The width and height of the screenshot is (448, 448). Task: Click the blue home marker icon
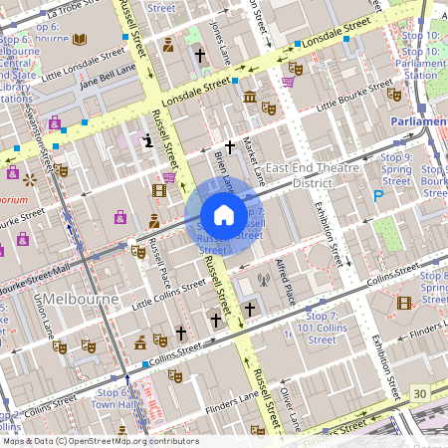[224, 215]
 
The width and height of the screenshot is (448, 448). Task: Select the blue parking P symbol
[377, 197]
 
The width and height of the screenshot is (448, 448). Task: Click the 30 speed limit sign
[420, 395]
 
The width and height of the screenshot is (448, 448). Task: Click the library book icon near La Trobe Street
[80, 39]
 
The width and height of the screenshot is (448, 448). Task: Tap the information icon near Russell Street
[148, 140]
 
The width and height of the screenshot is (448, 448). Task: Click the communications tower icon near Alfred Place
[263, 281]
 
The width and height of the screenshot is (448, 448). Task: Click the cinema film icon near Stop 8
[403, 303]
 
